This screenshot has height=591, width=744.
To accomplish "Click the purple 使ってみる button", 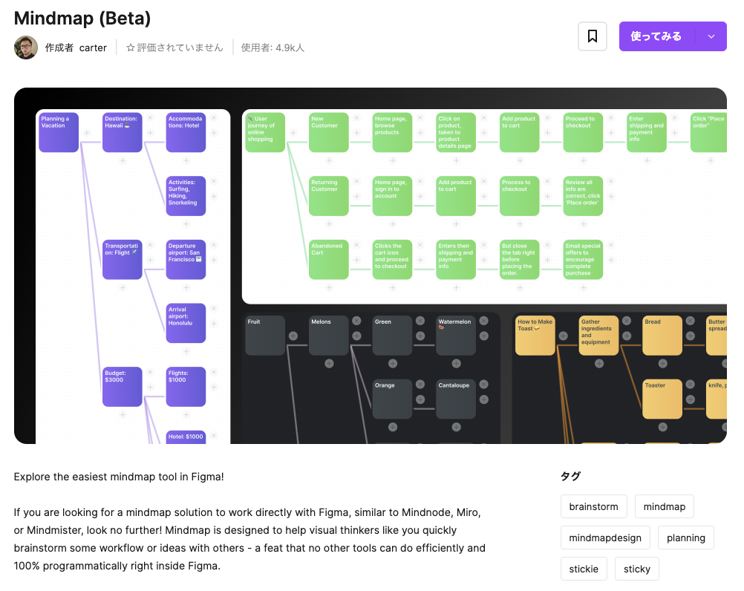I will pyautogui.click(x=656, y=36).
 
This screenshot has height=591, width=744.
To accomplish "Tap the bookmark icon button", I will pyautogui.click(x=593, y=36).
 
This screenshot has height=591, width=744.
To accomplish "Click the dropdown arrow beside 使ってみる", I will pyautogui.click(x=711, y=36).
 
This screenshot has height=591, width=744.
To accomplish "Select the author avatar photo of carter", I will pyautogui.click(x=26, y=48).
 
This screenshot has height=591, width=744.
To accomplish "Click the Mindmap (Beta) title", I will pyautogui.click(x=82, y=18).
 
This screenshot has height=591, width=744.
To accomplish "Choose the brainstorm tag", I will pyautogui.click(x=593, y=506).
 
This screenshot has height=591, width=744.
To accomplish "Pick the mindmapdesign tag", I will pyautogui.click(x=605, y=538).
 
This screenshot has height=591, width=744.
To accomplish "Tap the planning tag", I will pyautogui.click(x=686, y=538).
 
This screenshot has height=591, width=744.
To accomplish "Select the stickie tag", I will pyautogui.click(x=584, y=569).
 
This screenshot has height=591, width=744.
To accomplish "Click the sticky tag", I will pyautogui.click(x=637, y=569).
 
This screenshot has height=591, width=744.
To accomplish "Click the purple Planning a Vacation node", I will pyautogui.click(x=59, y=132).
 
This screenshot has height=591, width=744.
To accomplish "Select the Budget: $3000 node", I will pyautogui.click(x=122, y=387).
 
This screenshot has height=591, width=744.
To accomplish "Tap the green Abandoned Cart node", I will pyautogui.click(x=328, y=259).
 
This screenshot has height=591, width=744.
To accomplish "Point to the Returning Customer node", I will pyautogui.click(x=328, y=196).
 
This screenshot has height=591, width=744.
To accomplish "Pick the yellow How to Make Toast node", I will pyautogui.click(x=535, y=336).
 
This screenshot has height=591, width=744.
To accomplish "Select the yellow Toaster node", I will pyautogui.click(x=662, y=399).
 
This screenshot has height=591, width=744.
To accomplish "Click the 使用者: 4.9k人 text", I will pyautogui.click(x=273, y=48).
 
